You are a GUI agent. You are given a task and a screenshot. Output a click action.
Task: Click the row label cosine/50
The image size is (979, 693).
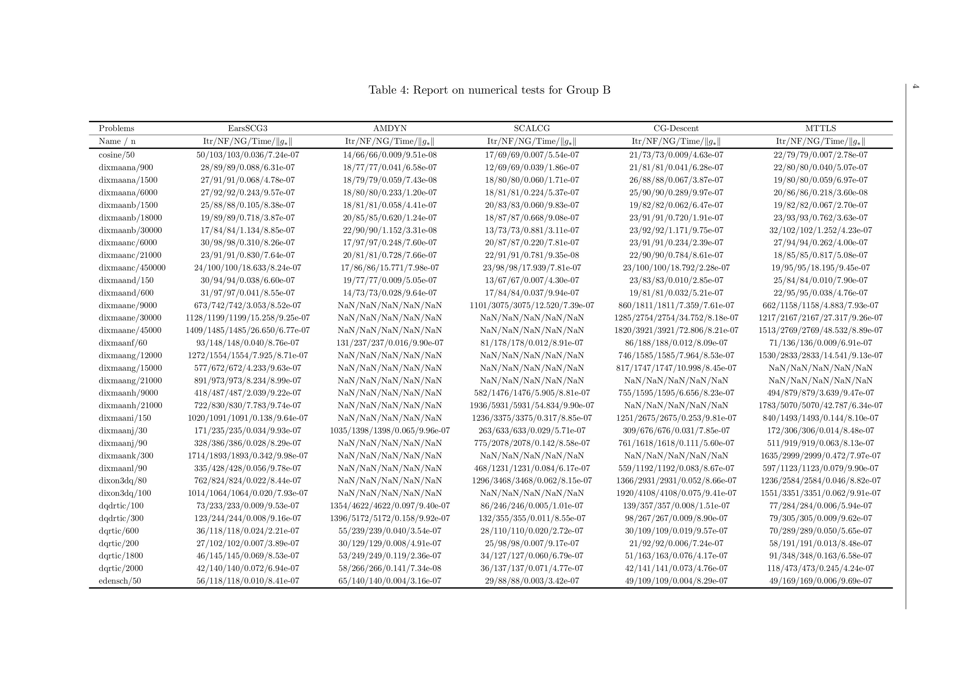(116, 155)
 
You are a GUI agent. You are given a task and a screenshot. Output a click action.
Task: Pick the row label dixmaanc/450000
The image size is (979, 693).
(132, 268)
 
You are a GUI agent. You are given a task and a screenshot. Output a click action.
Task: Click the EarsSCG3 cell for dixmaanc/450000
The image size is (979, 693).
(247, 268)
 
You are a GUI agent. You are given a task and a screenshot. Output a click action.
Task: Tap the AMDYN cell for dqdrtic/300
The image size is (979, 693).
(390, 518)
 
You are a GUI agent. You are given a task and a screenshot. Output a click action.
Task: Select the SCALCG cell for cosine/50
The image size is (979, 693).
(532, 155)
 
